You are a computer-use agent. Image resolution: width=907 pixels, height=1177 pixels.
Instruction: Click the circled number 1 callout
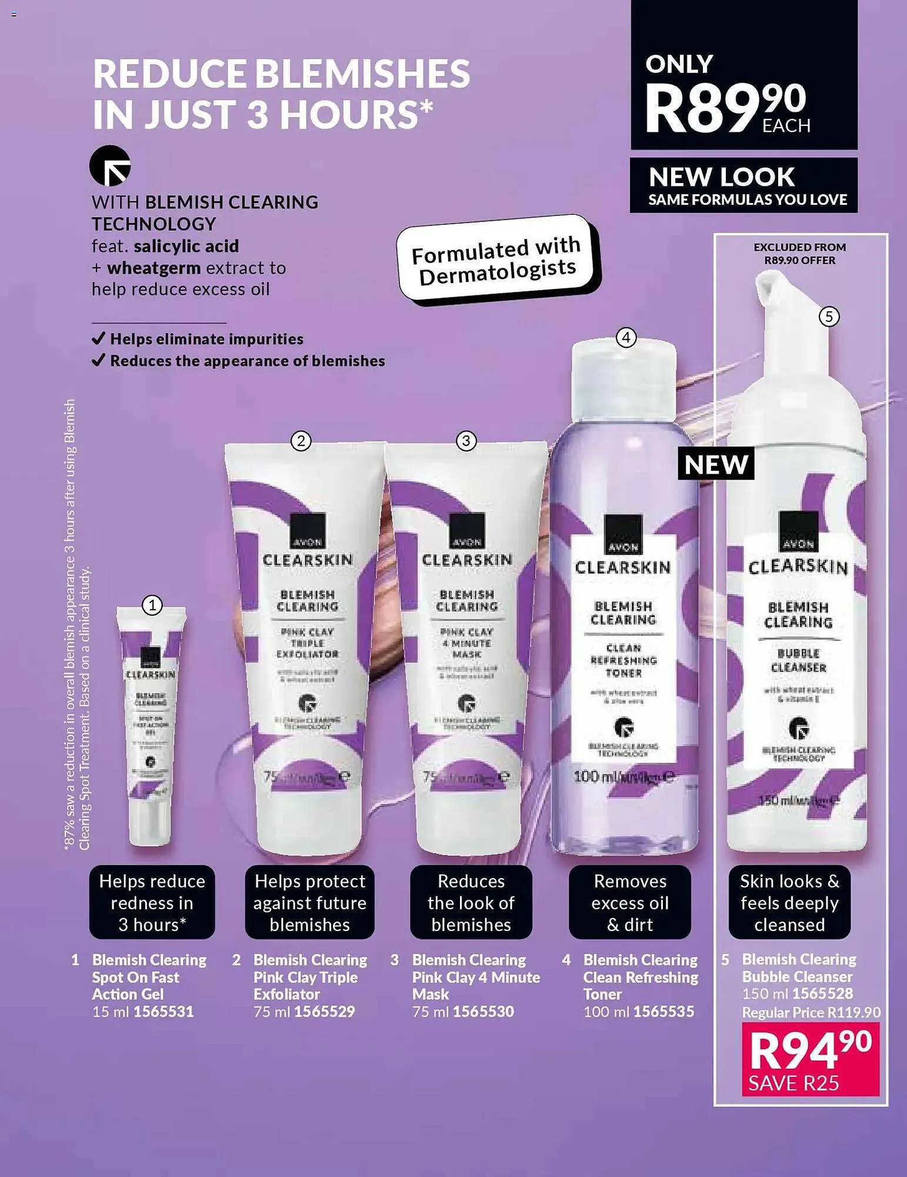pos(152,605)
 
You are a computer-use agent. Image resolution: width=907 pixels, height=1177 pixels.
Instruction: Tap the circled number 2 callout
pos(301,441)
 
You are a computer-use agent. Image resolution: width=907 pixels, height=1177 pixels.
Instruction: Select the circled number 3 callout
pos(466,441)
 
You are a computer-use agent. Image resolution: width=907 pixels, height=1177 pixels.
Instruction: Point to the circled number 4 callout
pos(626,338)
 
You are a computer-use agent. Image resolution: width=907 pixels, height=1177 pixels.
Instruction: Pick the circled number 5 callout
pos(829,317)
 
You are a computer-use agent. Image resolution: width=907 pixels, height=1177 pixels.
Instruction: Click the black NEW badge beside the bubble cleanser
pos(716,464)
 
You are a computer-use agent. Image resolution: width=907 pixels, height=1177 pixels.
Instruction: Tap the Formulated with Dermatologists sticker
pos(498,260)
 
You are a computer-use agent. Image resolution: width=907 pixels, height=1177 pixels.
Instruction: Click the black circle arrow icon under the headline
pos(110,165)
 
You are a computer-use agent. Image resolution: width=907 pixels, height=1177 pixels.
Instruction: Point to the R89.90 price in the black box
pos(727,106)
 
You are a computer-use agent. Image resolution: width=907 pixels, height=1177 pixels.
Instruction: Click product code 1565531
pos(164,1012)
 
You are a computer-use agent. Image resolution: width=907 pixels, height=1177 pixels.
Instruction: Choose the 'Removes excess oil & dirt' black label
pos(630,902)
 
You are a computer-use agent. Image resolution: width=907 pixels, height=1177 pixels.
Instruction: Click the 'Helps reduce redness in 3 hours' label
pos(152,902)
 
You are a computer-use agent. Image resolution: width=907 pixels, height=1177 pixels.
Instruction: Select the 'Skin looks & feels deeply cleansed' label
pos(789,902)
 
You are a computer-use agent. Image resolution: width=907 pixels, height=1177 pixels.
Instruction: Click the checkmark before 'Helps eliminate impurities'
pos(99,338)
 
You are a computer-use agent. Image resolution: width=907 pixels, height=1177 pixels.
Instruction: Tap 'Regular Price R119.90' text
pos(811,1012)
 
